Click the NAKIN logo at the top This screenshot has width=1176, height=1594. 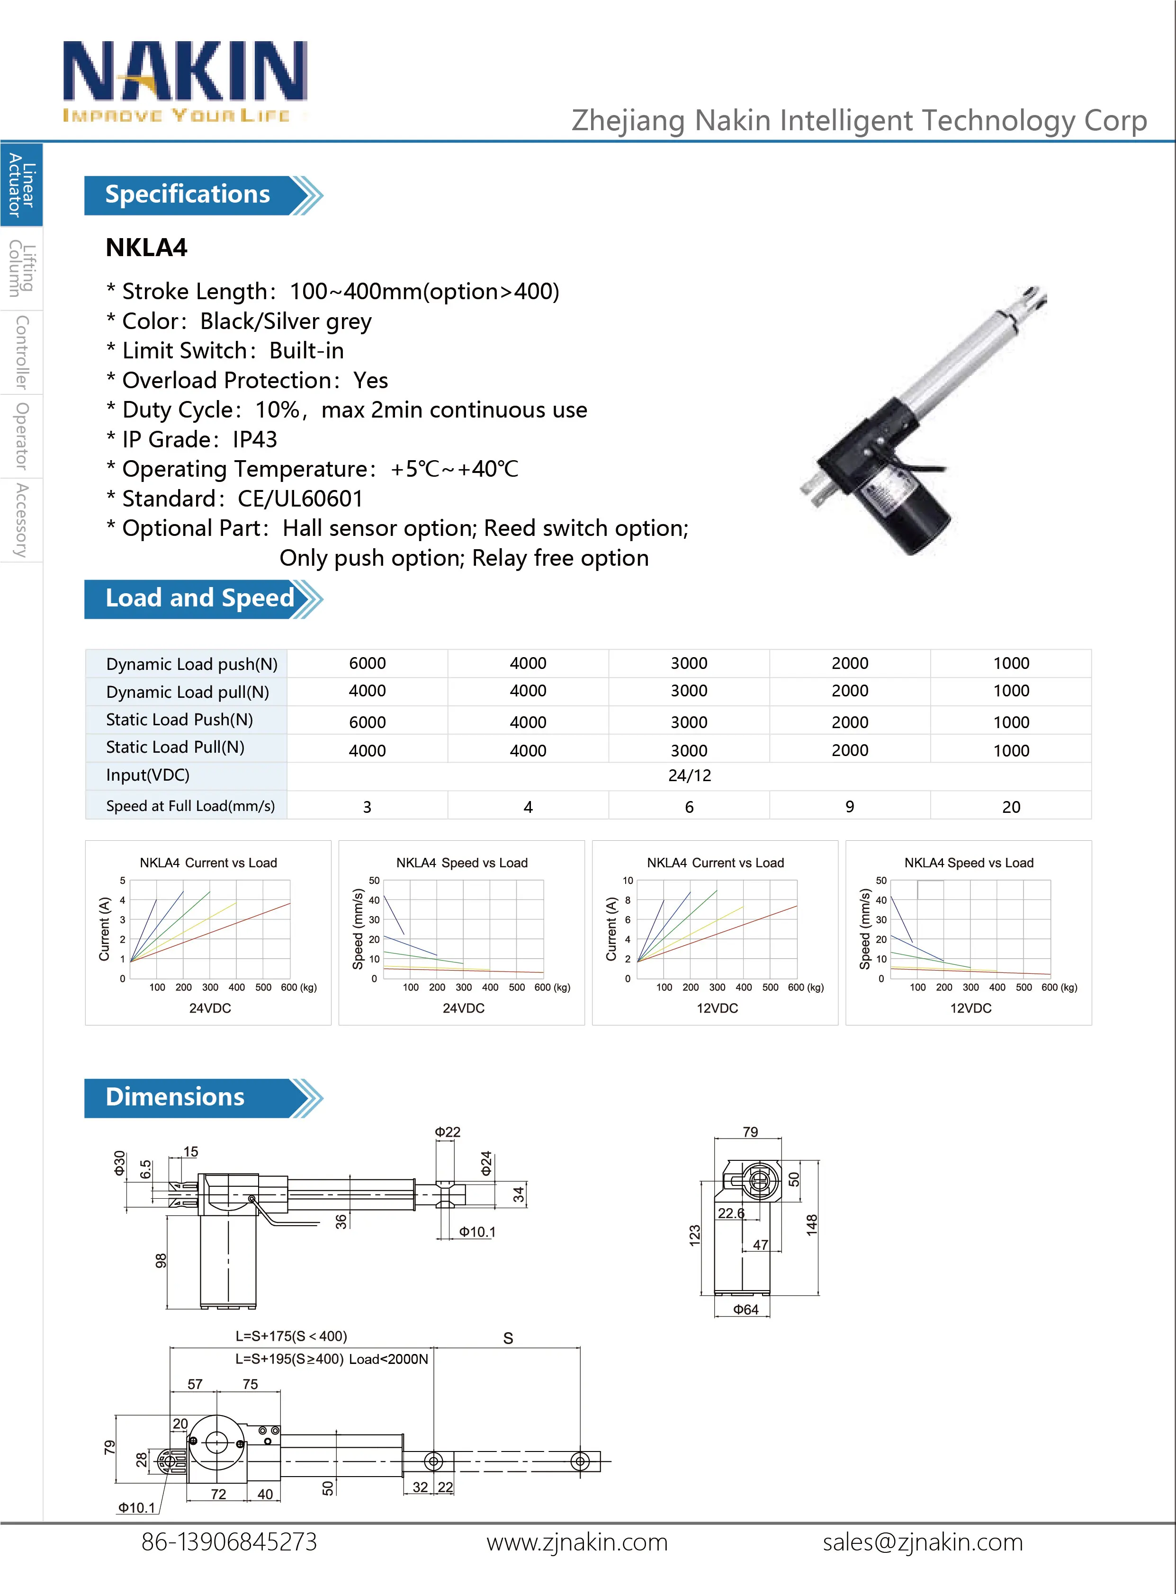coord(185,80)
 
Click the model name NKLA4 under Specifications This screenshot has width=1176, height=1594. coord(147,248)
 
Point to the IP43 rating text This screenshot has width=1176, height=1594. coord(255,440)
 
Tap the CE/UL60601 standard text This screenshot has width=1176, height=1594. coord(300,499)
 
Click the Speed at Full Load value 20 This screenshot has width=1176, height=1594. coord(1010,807)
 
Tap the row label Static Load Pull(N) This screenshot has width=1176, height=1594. coord(175,747)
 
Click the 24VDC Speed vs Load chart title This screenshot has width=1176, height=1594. coord(461,863)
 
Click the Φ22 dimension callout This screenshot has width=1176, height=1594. coord(447,1131)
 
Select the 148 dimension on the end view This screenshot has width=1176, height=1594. coord(811,1225)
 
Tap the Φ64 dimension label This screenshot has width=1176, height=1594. coord(745,1309)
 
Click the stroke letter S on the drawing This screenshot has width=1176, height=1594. coord(508,1338)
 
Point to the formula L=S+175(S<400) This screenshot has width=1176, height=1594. coord(291,1336)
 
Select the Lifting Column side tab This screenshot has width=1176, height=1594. coord(21,268)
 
